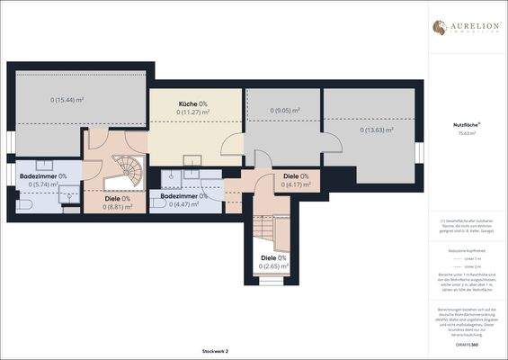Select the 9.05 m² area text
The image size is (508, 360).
(285, 112)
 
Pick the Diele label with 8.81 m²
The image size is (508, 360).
(113, 199)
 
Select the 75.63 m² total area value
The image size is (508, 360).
(465, 133)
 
